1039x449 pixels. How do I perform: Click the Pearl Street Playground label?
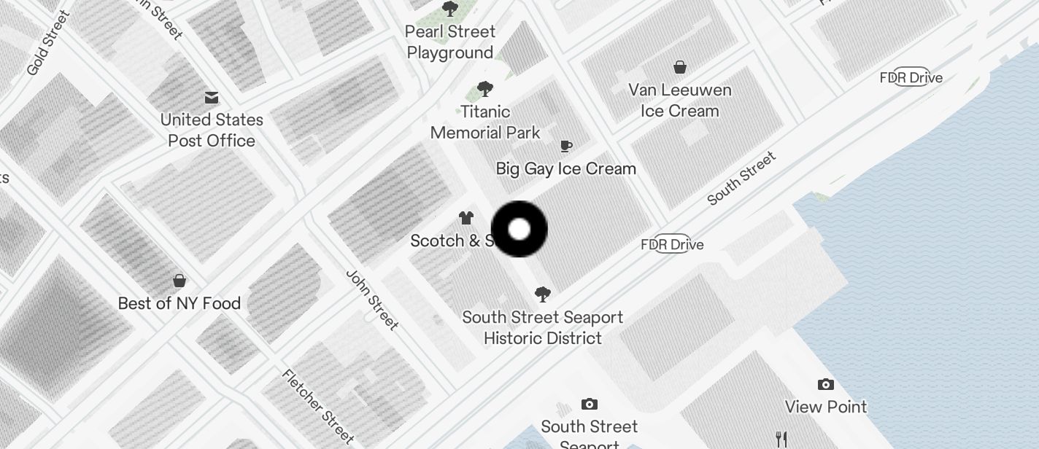(451, 42)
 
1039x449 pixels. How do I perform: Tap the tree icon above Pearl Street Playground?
(450, 9)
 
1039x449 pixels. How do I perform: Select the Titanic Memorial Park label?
(485, 122)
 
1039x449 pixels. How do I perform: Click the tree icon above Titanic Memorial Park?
(484, 90)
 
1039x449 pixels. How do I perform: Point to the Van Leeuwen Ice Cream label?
(680, 101)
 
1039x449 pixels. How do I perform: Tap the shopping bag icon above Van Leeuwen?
(680, 68)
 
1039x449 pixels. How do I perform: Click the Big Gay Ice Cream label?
(565, 168)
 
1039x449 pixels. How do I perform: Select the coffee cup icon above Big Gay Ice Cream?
(565, 147)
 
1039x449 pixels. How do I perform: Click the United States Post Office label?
(212, 130)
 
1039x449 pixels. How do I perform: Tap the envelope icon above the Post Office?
(212, 98)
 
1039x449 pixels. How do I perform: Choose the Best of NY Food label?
(179, 303)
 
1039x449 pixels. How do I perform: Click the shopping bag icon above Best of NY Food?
(179, 281)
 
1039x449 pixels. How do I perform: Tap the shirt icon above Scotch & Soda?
(466, 218)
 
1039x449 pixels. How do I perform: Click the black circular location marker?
(519, 230)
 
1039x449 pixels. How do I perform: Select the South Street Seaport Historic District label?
(543, 327)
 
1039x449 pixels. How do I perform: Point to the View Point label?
(826, 407)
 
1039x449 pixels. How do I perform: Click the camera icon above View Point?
(826, 385)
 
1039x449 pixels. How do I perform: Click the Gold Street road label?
(48, 42)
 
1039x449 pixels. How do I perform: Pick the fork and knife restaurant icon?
(781, 439)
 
